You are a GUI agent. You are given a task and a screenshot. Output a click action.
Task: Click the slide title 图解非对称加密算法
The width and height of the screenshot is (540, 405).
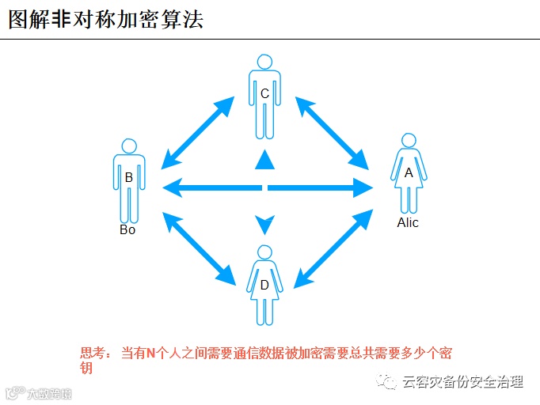coord(106,19)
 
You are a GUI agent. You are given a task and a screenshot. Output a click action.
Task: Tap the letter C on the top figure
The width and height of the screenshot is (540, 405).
coord(264,94)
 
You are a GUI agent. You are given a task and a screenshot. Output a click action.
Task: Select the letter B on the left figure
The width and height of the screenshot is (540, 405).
coord(128,178)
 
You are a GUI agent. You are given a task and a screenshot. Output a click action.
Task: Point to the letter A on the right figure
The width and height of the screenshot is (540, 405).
coord(409,172)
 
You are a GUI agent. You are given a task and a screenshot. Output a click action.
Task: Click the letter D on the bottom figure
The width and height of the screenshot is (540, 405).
coord(264,285)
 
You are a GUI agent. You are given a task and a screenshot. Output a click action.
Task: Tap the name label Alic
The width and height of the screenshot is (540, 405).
coord(408,223)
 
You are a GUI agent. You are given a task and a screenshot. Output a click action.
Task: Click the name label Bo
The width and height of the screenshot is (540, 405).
coord(127,230)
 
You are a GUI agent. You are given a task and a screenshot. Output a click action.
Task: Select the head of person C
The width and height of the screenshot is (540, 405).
coord(264,61)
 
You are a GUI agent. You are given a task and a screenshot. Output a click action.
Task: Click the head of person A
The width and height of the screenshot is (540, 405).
coord(409,140)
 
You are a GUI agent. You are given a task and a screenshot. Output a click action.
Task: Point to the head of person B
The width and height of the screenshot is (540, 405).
coord(128,146)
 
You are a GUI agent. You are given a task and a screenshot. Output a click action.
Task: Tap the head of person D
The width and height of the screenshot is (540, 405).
coord(264,252)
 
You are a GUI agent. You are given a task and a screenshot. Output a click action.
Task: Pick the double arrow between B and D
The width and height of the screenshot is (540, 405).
coord(198,246)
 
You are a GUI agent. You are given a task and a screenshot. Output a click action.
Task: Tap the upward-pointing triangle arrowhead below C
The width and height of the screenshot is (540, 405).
coord(264,161)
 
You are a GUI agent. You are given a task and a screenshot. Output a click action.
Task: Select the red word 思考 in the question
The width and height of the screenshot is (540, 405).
coord(92,354)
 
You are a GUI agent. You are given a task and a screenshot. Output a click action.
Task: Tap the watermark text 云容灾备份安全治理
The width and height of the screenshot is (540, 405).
coord(462,382)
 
